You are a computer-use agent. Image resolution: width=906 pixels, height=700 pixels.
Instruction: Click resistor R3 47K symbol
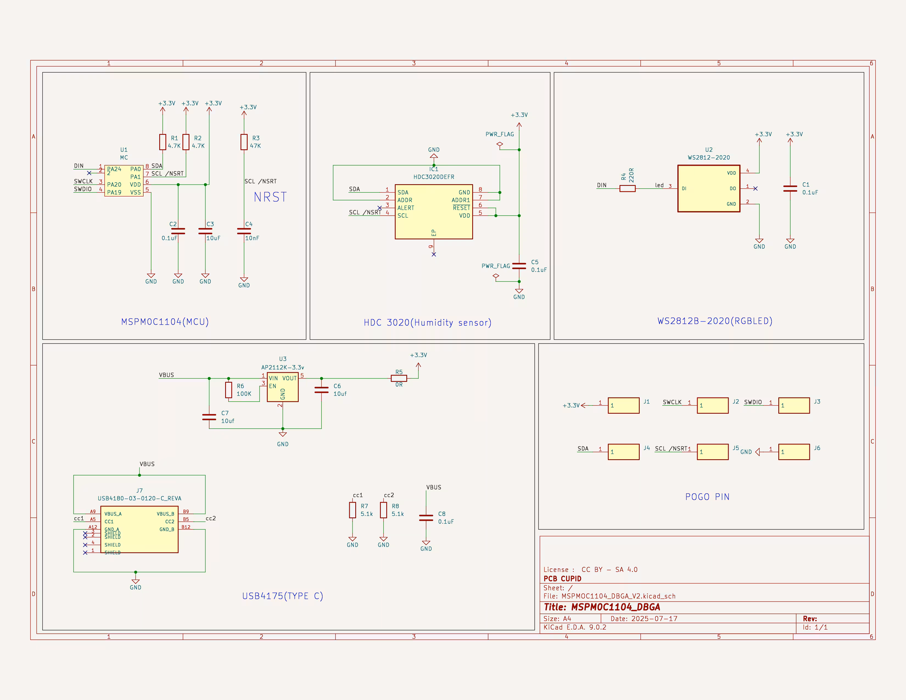click(x=244, y=142)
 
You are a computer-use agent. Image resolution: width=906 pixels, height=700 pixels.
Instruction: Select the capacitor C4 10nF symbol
click(x=244, y=231)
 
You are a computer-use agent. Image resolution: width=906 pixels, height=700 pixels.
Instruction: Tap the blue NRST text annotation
click(x=270, y=197)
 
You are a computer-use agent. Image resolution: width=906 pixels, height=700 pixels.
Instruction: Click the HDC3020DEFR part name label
click(x=434, y=177)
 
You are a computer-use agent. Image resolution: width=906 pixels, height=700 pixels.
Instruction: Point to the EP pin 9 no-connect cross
click(x=434, y=254)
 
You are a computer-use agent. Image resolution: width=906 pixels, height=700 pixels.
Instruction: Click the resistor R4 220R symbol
click(x=627, y=188)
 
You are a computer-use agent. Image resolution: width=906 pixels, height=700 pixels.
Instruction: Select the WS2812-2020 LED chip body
click(x=709, y=188)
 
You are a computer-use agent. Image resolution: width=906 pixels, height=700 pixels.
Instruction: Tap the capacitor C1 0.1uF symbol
click(x=790, y=188)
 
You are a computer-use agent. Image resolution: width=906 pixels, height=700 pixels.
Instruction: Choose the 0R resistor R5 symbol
click(x=399, y=378)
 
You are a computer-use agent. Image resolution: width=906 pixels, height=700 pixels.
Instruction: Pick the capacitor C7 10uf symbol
click(x=209, y=417)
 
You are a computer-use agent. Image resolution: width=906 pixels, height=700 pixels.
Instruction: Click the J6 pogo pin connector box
click(x=794, y=452)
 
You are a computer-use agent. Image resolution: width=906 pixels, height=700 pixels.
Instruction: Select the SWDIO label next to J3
click(x=753, y=402)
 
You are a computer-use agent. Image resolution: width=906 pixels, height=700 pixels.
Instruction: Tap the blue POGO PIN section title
click(x=707, y=497)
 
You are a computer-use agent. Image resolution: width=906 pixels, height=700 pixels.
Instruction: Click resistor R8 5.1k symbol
click(x=383, y=510)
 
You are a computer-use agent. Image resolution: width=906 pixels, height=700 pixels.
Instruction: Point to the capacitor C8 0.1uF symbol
click(x=426, y=517)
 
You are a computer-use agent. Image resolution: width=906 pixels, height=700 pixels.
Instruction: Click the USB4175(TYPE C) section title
click(x=283, y=596)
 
